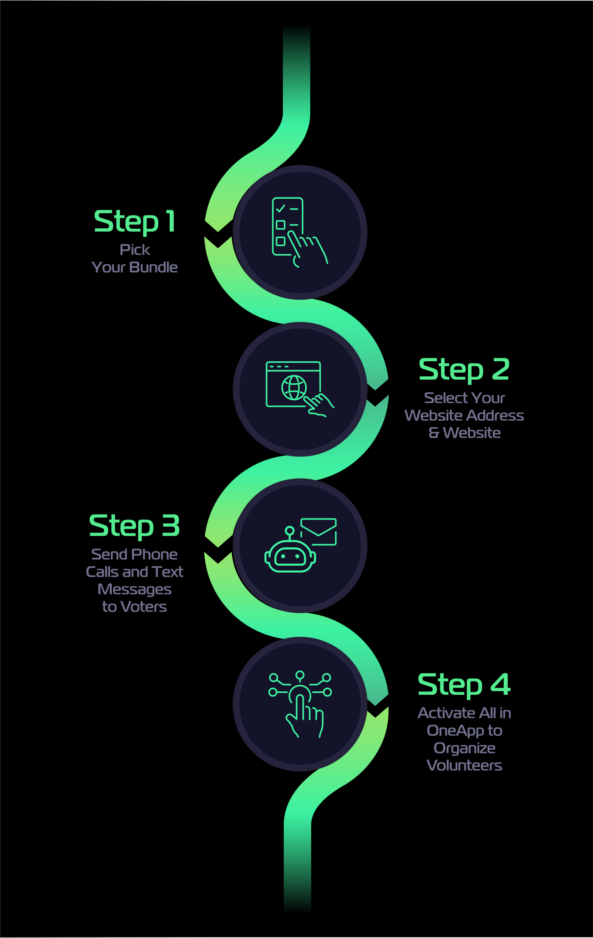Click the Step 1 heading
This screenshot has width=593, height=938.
pyautogui.click(x=135, y=222)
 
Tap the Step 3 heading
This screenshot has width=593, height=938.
pyautogui.click(x=135, y=526)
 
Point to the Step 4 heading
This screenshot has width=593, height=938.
pyautogui.click(x=464, y=685)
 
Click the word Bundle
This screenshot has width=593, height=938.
pyautogui.click(x=154, y=267)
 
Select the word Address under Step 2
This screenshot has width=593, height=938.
pyautogui.click(x=495, y=415)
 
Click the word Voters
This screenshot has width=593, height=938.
pyautogui.click(x=144, y=607)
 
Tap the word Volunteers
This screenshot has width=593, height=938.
pyautogui.click(x=464, y=766)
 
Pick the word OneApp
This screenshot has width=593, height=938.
pyautogui.click(x=456, y=731)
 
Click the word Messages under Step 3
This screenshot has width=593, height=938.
pyautogui.click(x=135, y=590)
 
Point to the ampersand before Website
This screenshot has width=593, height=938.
pyautogui.click(x=434, y=433)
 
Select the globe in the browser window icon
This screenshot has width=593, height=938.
pyautogui.click(x=294, y=388)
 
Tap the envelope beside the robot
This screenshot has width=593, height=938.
pyautogui.click(x=318, y=532)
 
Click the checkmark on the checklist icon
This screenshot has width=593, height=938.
pyautogui.click(x=280, y=209)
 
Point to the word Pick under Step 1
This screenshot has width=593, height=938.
pyautogui.click(x=135, y=250)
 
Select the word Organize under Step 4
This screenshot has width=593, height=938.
pyautogui.click(x=464, y=749)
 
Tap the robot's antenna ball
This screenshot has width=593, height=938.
pyautogui.click(x=290, y=531)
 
